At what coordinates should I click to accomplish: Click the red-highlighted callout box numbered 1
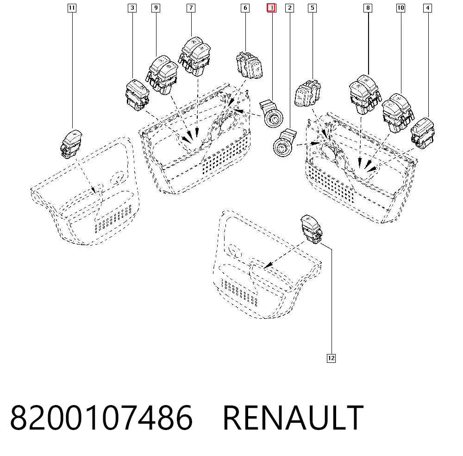(271, 8)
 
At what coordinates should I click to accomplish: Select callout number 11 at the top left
(72, 8)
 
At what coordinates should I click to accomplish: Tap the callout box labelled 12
(332, 358)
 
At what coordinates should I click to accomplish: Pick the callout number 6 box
(245, 8)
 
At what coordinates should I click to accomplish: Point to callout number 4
(427, 8)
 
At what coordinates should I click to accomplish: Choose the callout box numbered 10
(400, 8)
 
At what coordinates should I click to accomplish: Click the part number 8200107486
(101, 418)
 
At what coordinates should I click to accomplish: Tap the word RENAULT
(293, 418)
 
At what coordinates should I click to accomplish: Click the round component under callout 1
(271, 114)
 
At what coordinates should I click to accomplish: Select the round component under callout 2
(285, 142)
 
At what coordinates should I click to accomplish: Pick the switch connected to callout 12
(311, 229)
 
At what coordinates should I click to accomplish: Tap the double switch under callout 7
(194, 57)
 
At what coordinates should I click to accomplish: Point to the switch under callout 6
(249, 65)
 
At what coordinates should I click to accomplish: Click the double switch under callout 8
(365, 95)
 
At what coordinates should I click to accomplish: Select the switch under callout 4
(423, 133)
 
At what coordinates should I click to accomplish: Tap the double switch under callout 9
(162, 75)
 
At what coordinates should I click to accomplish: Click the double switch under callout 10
(398, 113)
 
